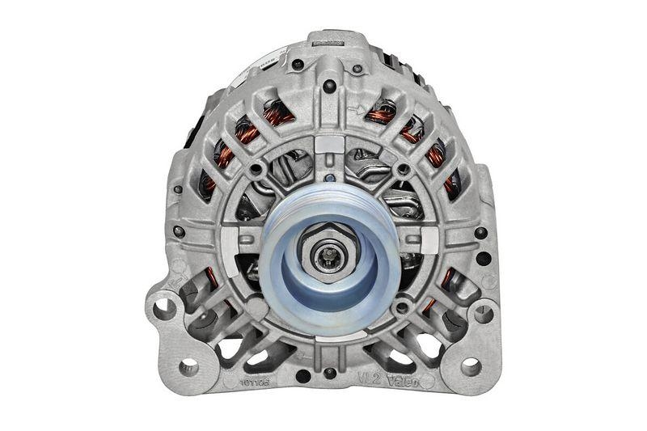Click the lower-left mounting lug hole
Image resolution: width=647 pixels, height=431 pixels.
coord(188,366)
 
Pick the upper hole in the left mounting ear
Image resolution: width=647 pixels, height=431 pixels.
coord(166,308)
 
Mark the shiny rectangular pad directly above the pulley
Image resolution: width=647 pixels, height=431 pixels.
coord(328,145)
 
